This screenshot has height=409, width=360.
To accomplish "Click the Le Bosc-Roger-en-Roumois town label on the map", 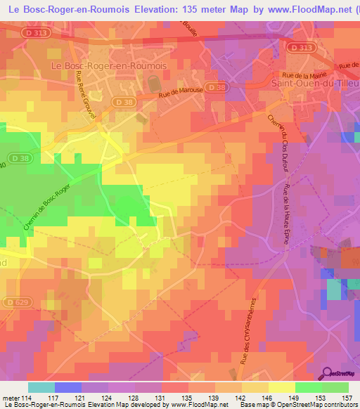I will pos(109,65).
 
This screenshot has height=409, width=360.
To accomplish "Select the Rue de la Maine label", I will pos(301,73).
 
